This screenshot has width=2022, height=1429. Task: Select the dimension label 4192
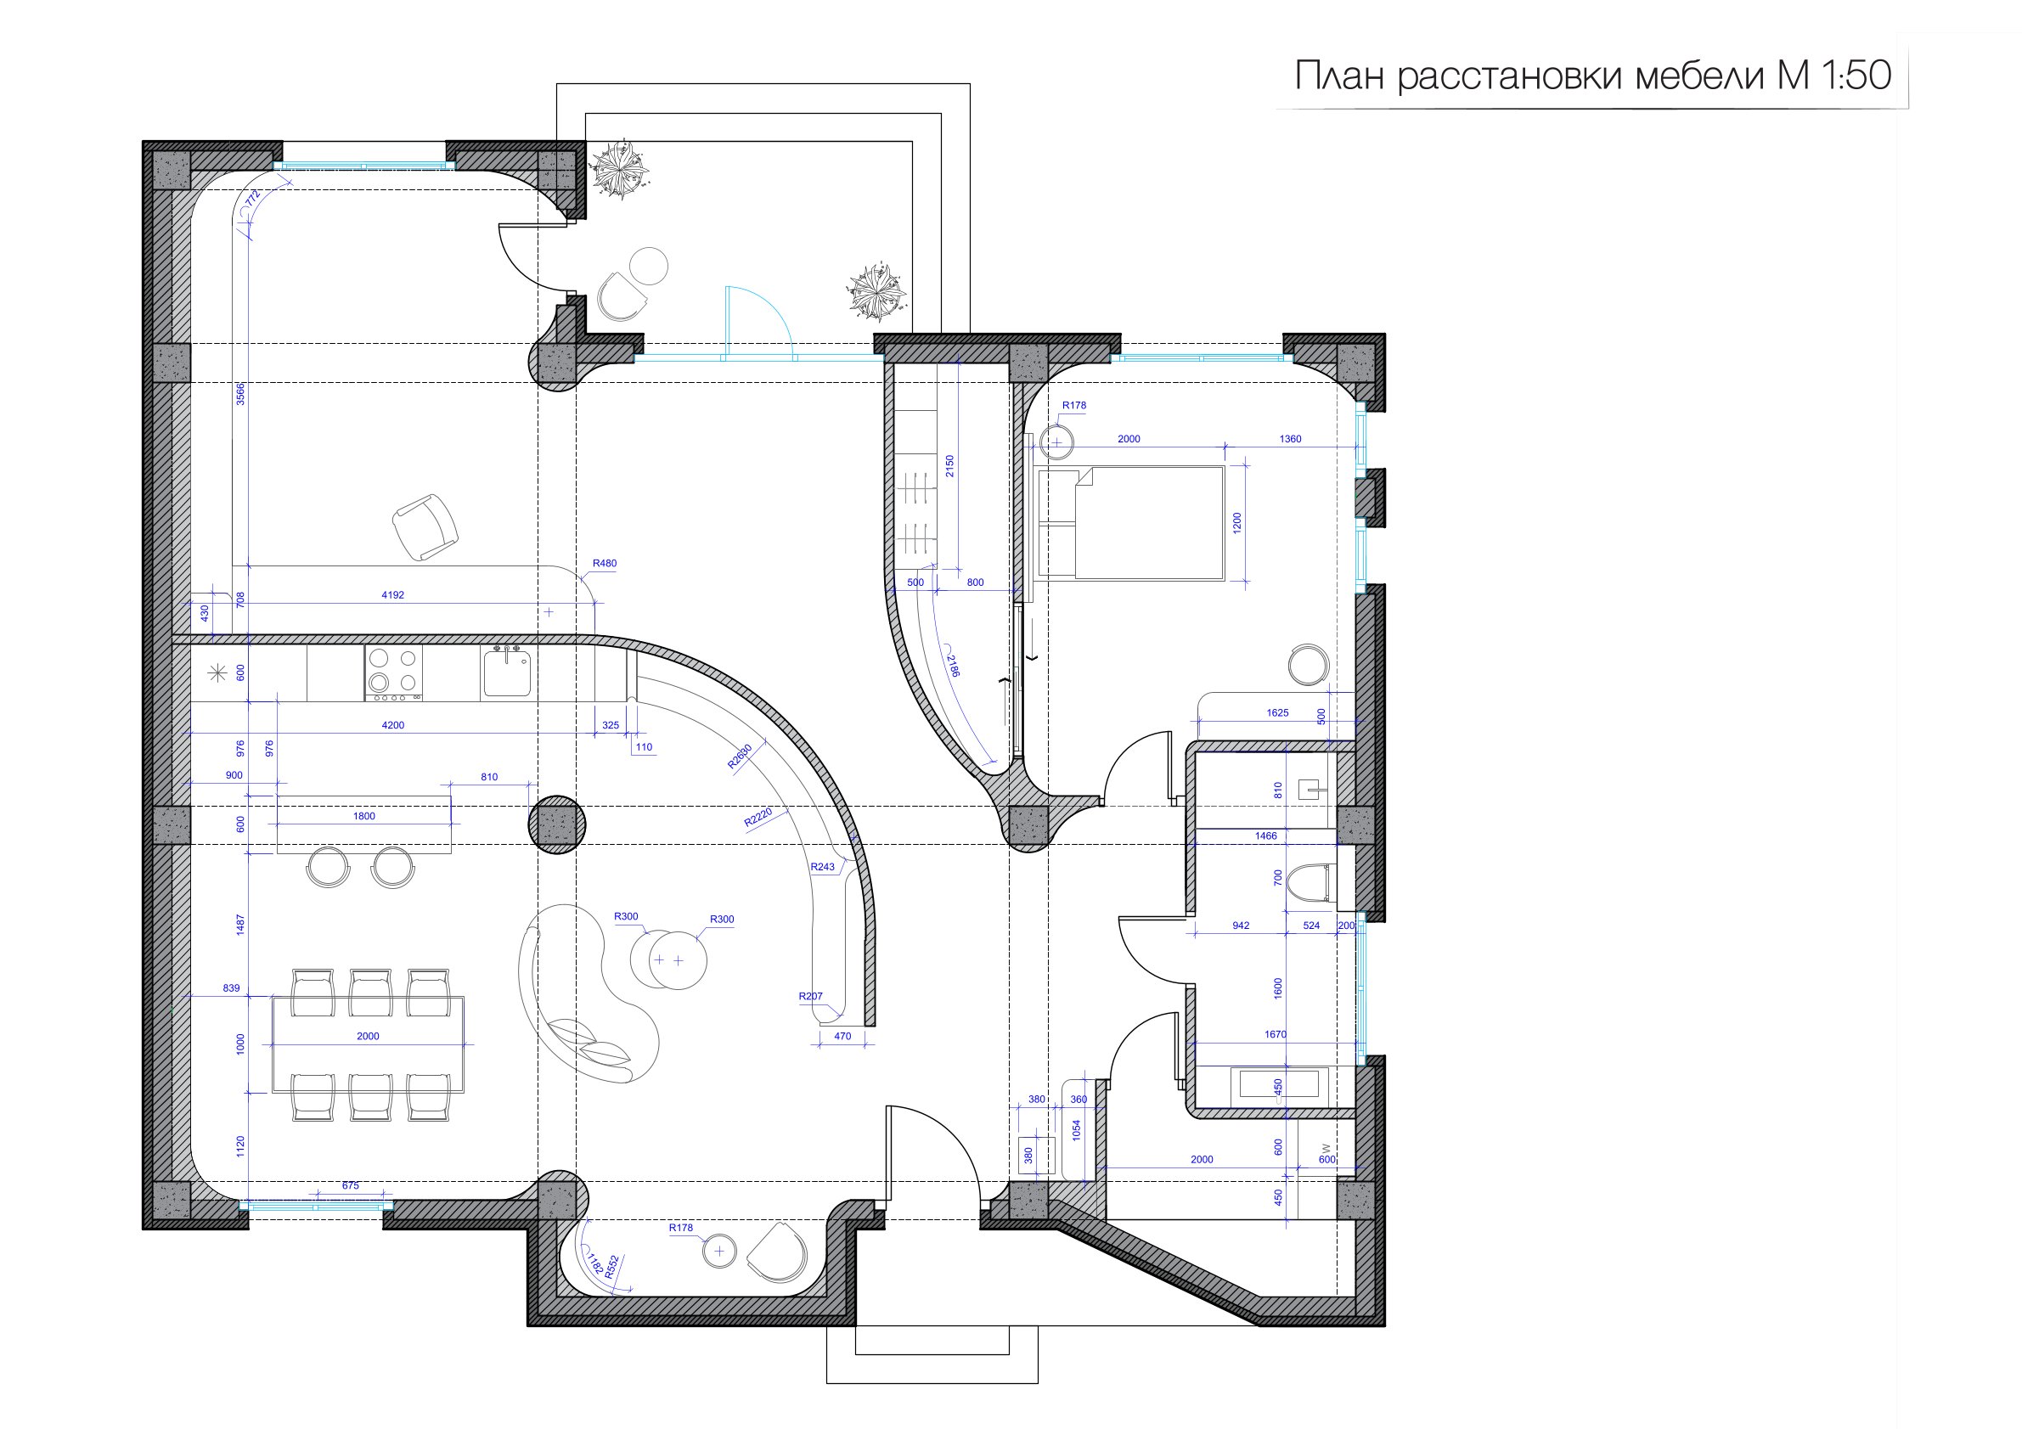coord(393,595)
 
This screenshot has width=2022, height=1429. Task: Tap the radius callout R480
coord(604,564)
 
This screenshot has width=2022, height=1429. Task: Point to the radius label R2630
coord(740,757)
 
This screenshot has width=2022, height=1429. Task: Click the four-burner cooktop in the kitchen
coord(394,672)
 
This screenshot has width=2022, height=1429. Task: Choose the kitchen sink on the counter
coord(506,672)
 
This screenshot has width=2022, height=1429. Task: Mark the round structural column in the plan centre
coord(556,825)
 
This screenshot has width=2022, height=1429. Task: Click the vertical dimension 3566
coord(240,394)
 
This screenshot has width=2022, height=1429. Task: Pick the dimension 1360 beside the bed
coord(1290,438)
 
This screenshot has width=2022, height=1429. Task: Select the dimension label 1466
coord(1265,836)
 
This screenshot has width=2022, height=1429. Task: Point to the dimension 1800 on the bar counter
coord(363,816)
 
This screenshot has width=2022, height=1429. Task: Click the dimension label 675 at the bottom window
coord(351,1186)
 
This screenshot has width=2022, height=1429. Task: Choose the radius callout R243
coord(823,867)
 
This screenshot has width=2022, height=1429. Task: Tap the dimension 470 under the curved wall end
coord(842,1037)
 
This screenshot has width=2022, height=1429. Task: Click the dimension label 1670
coord(1276,1034)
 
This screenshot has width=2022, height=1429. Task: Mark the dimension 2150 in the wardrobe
coord(949,466)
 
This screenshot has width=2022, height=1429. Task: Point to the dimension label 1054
coord(1076,1130)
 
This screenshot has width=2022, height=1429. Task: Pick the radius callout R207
coord(810,997)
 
